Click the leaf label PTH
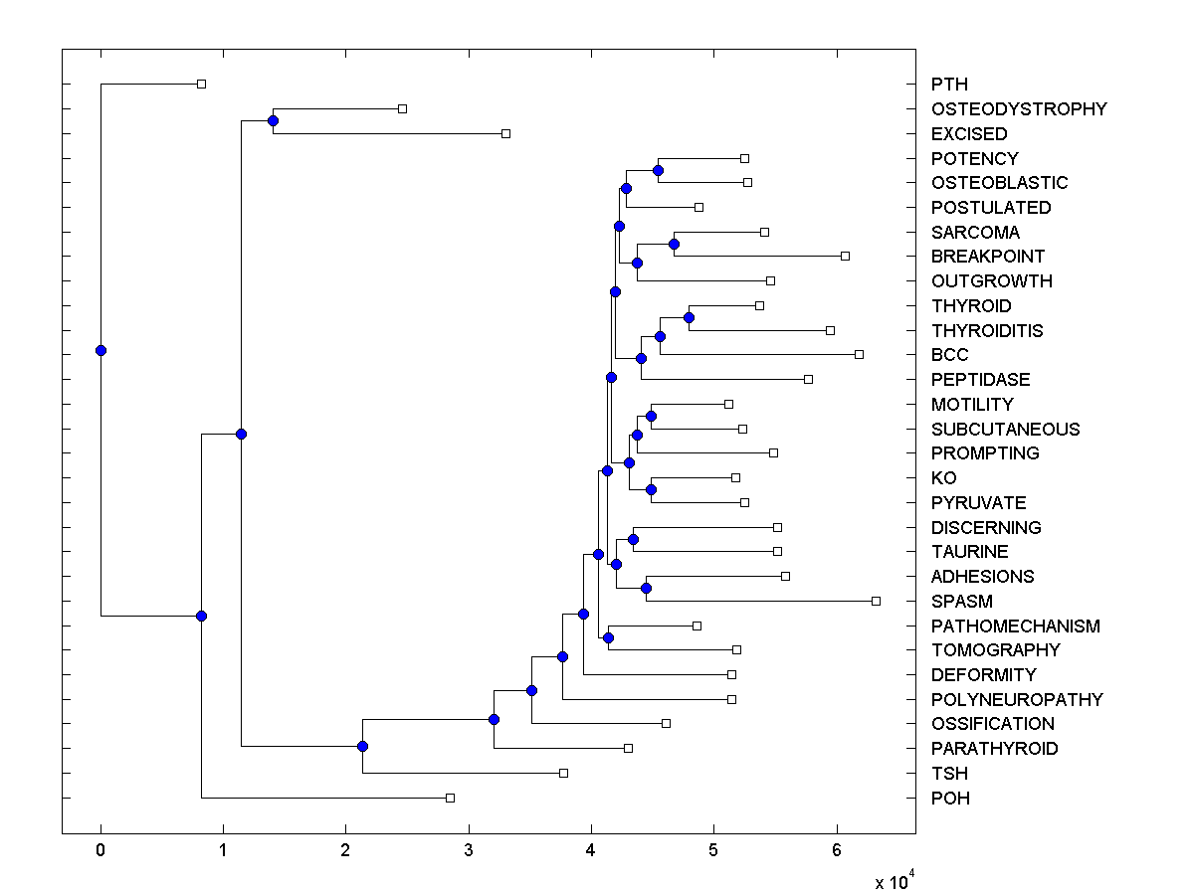[x=949, y=85]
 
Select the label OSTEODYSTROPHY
[x=1019, y=109]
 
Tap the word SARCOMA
[x=975, y=233]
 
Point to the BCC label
[x=949, y=355]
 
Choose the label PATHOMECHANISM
[x=1015, y=626]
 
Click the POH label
[x=950, y=799]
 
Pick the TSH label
[x=949, y=774]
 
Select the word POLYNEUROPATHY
[x=1017, y=700]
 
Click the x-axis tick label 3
[x=469, y=851]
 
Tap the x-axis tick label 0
[x=100, y=851]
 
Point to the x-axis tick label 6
[x=837, y=851]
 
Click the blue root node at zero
[x=100, y=350]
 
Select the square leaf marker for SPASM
[x=876, y=601]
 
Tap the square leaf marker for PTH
[x=201, y=84]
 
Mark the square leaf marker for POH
[x=450, y=798]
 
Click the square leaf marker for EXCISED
[x=505, y=133]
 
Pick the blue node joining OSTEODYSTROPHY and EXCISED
[x=273, y=120]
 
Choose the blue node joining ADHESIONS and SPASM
[x=646, y=588]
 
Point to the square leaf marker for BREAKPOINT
[x=845, y=256]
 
